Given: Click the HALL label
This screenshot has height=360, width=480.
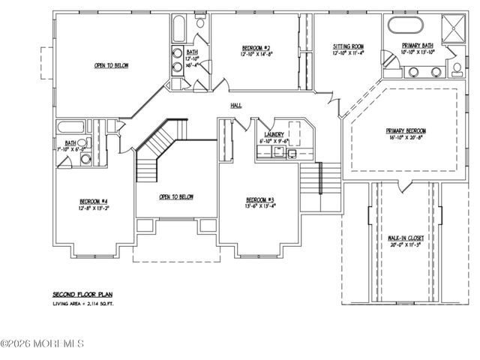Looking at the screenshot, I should (x=235, y=106).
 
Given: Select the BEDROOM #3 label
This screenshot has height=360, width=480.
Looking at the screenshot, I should (x=261, y=199).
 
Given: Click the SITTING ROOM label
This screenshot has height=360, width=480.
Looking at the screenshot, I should (x=349, y=46).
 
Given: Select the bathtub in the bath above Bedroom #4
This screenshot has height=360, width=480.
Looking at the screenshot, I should (x=72, y=126).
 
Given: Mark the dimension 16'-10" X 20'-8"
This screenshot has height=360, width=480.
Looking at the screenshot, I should (x=406, y=138).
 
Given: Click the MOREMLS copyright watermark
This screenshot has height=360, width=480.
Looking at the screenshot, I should (x=42, y=344).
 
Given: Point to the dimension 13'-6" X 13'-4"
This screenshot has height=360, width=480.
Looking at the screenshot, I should (x=261, y=206).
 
